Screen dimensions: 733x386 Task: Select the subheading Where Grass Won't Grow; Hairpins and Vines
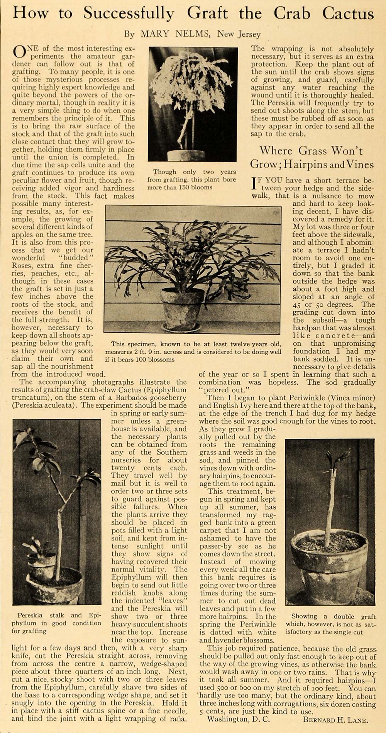coord(312,157)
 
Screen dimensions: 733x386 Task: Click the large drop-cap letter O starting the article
coord(19,52)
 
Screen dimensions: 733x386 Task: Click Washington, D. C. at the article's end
coord(239,719)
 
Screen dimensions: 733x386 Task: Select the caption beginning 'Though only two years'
coord(191,179)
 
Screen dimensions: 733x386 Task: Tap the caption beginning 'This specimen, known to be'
coord(193,351)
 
